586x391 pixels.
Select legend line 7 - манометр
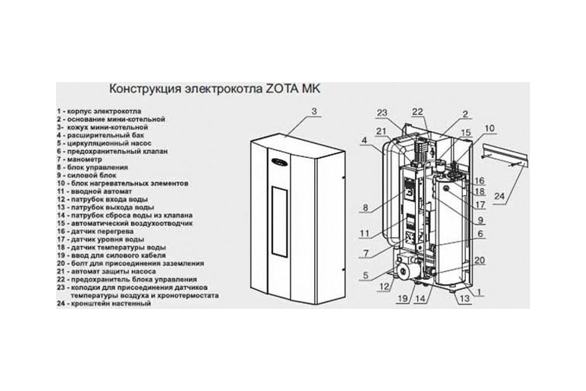(x=80, y=159)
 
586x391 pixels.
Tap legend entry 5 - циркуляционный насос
(x=104, y=143)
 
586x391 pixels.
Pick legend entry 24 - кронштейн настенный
(x=104, y=304)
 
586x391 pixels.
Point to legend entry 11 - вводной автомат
(x=94, y=191)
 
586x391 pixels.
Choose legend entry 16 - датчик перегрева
(x=96, y=231)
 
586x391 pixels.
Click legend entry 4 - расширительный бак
(x=101, y=135)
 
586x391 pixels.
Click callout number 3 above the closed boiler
(x=314, y=111)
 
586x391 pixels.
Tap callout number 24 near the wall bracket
(x=499, y=195)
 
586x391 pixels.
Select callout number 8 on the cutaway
(x=365, y=208)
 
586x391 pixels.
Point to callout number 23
(x=382, y=113)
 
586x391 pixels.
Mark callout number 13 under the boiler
(x=464, y=298)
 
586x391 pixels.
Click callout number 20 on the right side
(x=480, y=260)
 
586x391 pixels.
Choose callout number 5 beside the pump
(x=365, y=275)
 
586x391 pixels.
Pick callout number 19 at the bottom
(x=403, y=298)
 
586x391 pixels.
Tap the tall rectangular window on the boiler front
(x=279, y=221)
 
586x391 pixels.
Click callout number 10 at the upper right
(x=489, y=129)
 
